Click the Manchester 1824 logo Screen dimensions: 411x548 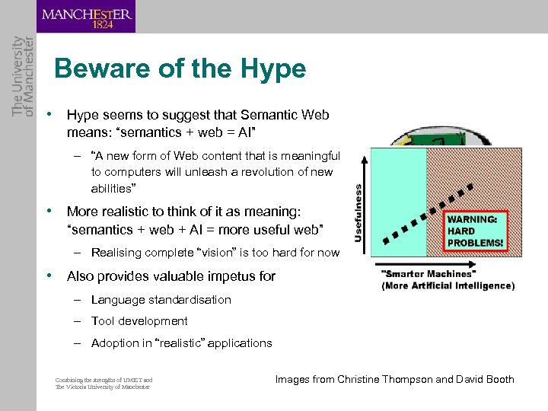86,17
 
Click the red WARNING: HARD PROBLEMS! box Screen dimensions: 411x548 474,231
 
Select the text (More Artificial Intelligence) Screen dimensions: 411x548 448,286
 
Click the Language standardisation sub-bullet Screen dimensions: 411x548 161,300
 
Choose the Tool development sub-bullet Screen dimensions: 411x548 139,321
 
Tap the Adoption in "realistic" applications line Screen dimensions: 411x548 181,343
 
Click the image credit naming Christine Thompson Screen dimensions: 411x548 394,379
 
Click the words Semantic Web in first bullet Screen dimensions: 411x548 285,115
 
